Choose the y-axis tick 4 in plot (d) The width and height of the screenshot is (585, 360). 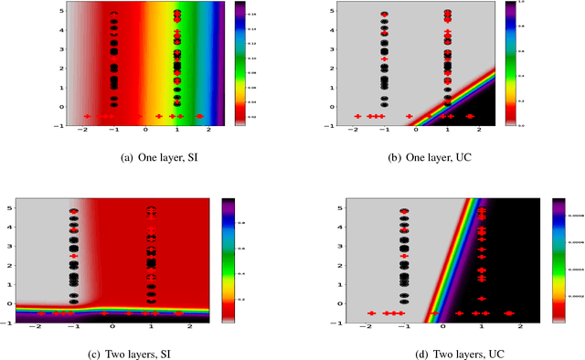329,224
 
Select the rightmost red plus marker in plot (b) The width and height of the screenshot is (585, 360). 470,116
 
